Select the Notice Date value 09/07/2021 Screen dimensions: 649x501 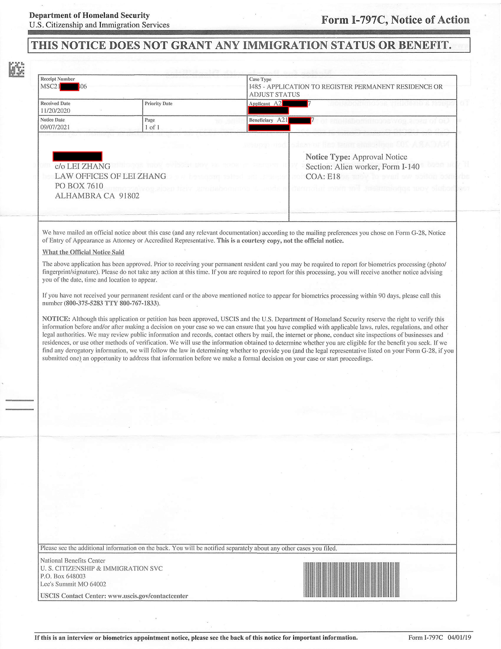click(x=55, y=127)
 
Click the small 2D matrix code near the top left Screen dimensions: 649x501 click(x=16, y=69)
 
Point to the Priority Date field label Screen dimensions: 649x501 click(x=158, y=103)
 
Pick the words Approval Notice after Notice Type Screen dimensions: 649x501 click(x=380, y=157)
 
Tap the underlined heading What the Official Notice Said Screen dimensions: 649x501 click(x=83, y=252)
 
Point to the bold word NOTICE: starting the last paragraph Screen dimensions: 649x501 click(x=56, y=319)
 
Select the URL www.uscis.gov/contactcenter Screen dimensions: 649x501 click(x=148, y=596)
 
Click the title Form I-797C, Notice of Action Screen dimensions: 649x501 click(x=395, y=20)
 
